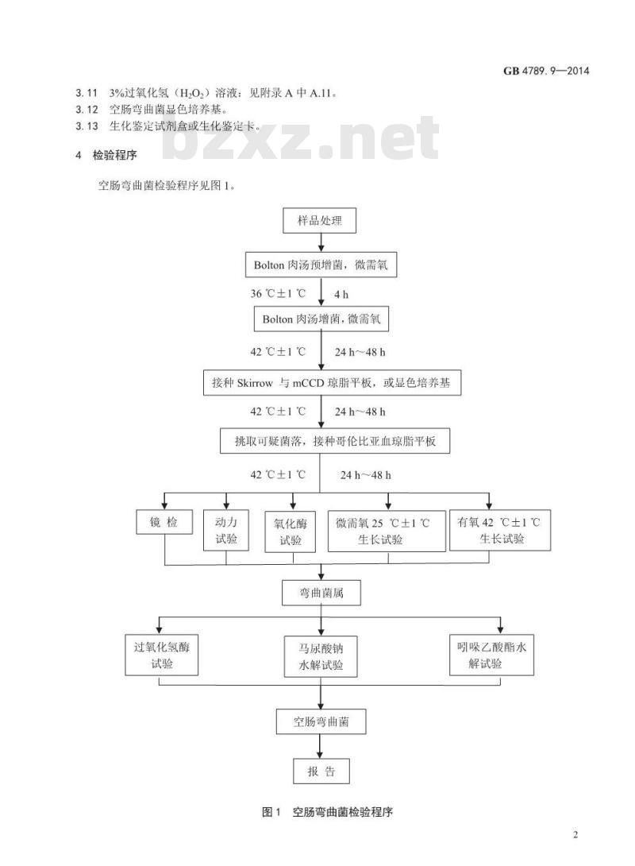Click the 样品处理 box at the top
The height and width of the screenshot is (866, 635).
[319, 220]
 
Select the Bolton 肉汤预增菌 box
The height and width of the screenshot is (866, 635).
[321, 265]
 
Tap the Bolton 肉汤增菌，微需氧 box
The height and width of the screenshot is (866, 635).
[321, 319]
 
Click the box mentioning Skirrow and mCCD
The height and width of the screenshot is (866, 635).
[332, 382]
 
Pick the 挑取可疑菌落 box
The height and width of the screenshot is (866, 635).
[335, 441]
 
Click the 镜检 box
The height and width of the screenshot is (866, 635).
[164, 522]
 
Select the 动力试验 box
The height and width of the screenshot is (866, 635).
[226, 530]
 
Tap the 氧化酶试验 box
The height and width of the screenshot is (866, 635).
[291, 532]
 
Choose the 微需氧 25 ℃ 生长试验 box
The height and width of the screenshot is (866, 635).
[387, 531]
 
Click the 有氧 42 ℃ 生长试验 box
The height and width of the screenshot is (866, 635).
[500, 530]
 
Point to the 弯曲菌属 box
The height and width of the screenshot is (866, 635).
[321, 593]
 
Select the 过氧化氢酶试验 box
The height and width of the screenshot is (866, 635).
[162, 655]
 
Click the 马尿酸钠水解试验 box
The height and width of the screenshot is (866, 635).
[321, 656]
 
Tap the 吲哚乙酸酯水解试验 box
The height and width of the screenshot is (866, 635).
[491, 655]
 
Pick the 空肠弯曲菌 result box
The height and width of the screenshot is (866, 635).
[321, 721]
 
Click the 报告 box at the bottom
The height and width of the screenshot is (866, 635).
[321, 771]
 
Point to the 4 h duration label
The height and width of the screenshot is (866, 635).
[341, 295]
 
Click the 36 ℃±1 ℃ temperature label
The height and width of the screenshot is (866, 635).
[278, 293]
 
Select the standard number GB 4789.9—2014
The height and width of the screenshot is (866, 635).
[546, 71]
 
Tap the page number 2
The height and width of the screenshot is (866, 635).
[575, 834]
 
